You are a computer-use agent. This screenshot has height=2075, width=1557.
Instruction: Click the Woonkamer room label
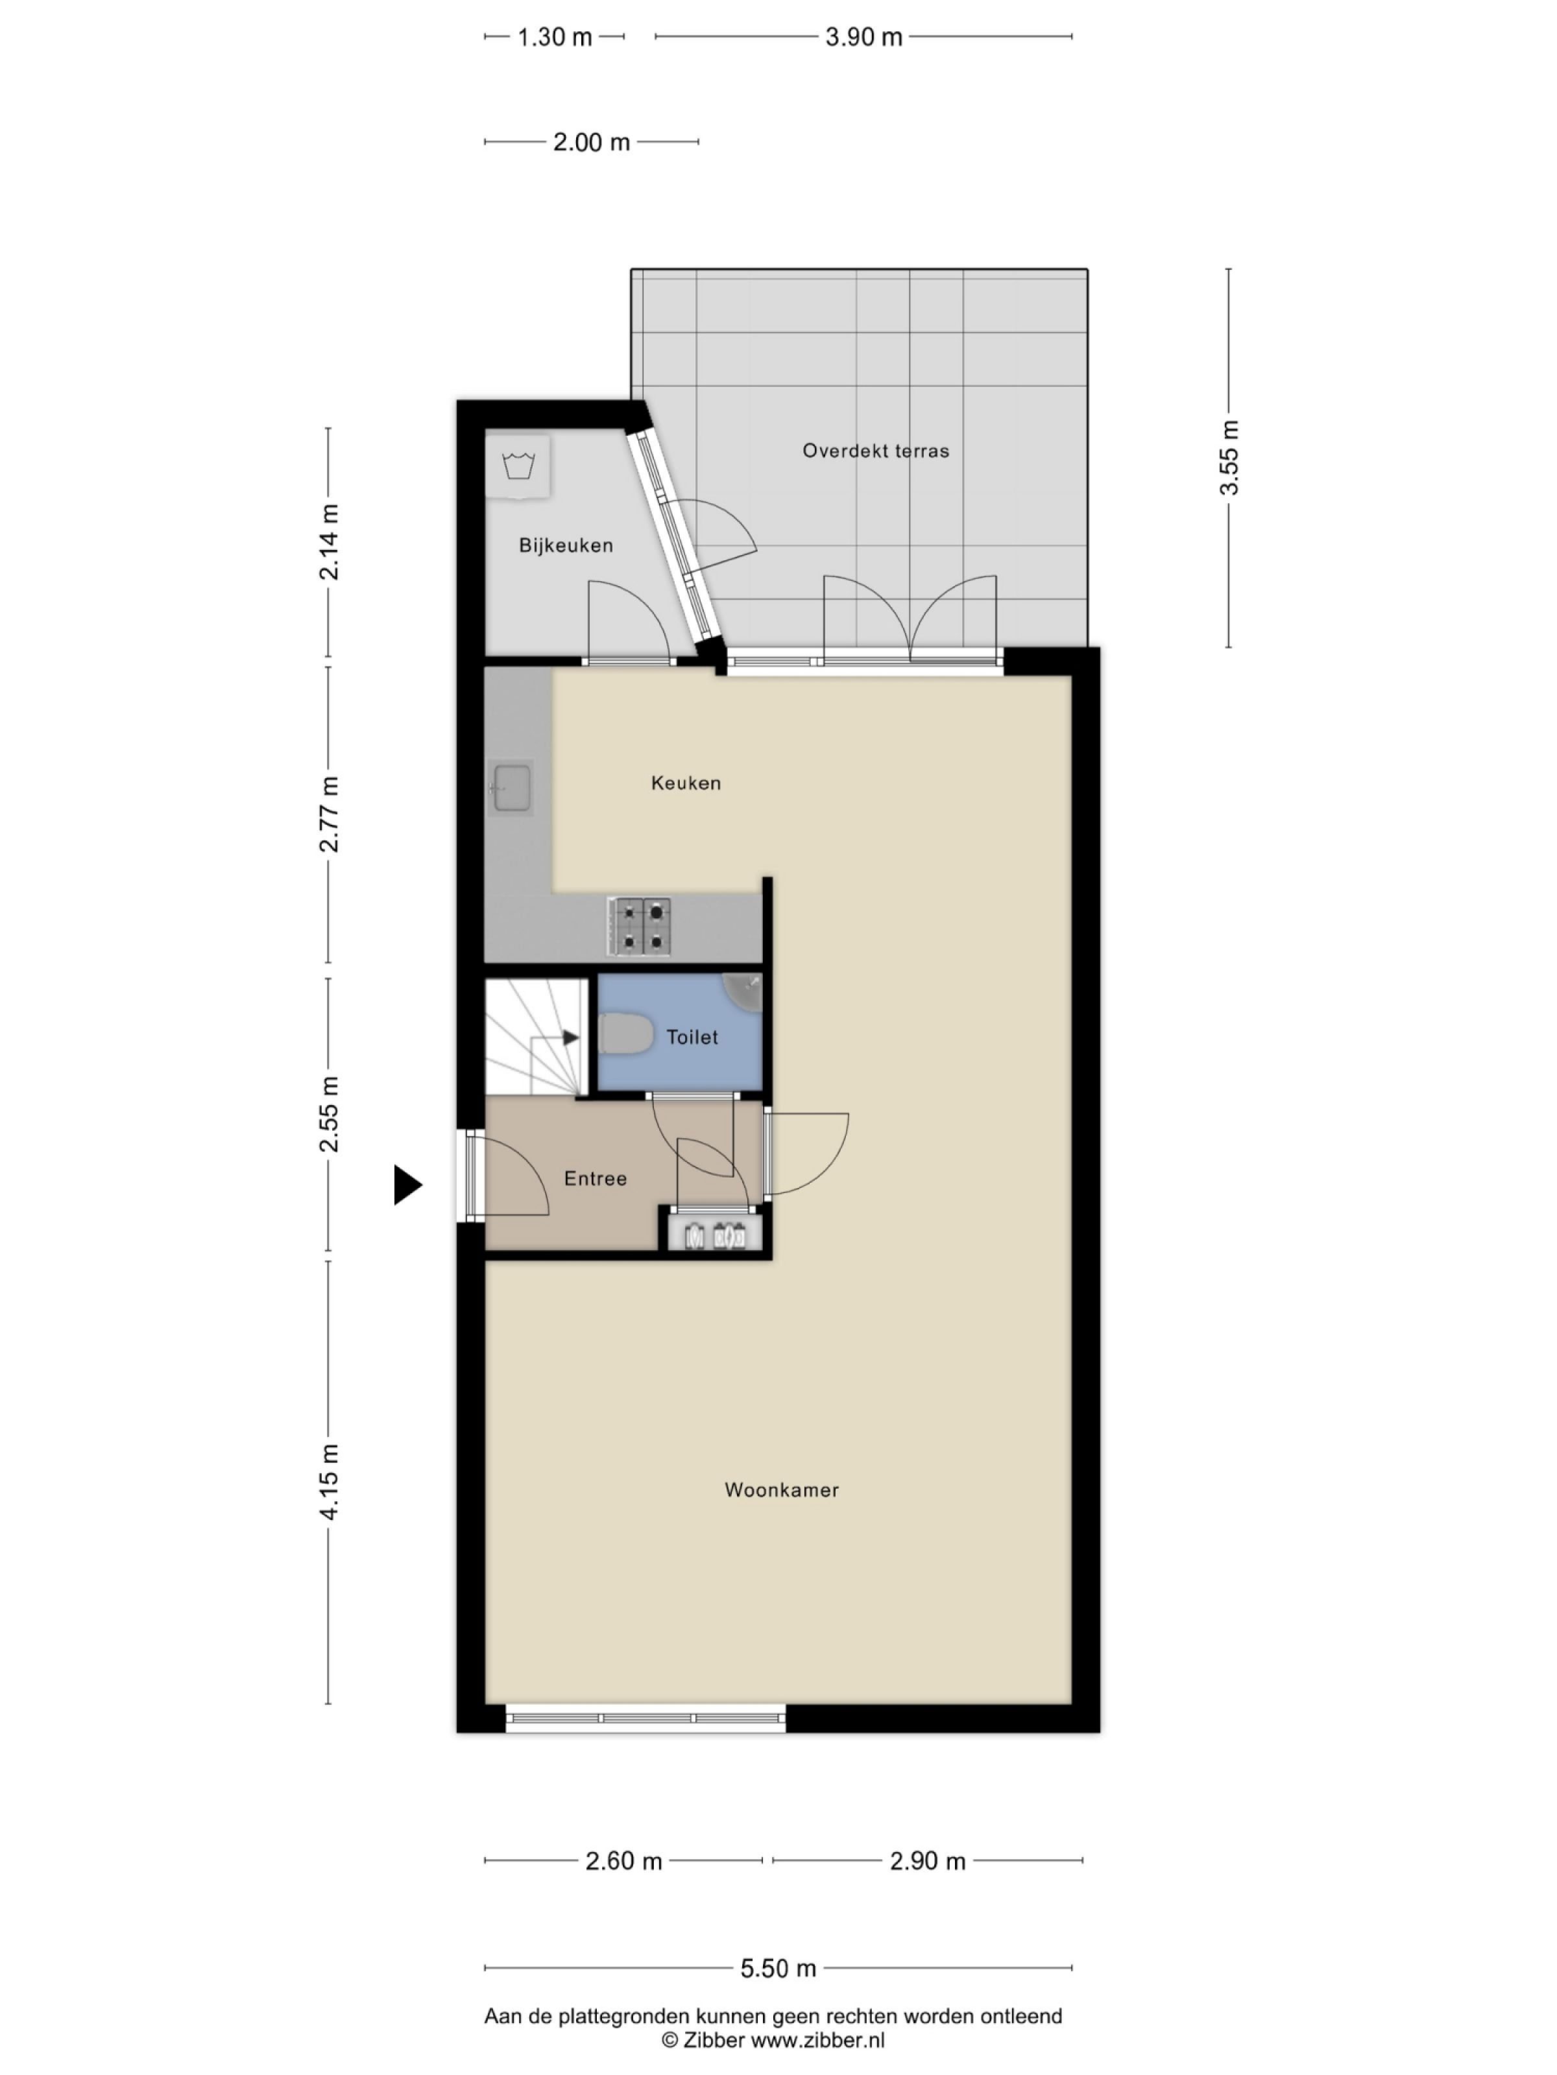pos(781,1489)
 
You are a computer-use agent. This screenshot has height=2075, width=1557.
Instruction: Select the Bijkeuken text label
pos(566,545)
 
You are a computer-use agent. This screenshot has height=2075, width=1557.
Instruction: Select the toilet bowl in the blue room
pos(625,1037)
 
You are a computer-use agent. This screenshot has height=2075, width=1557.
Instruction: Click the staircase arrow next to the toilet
pos(569,1037)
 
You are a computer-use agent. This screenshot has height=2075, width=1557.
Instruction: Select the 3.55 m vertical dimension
pos(1229,458)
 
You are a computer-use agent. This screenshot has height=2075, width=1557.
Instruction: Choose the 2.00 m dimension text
pos(590,143)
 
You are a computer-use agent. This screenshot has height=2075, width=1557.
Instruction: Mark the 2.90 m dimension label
pos(926,1861)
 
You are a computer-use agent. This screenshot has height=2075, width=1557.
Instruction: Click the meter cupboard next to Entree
pos(718,1235)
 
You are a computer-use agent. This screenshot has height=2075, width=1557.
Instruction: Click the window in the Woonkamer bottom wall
pos(646,1718)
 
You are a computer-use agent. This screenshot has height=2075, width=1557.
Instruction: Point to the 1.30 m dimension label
pos(554,38)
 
